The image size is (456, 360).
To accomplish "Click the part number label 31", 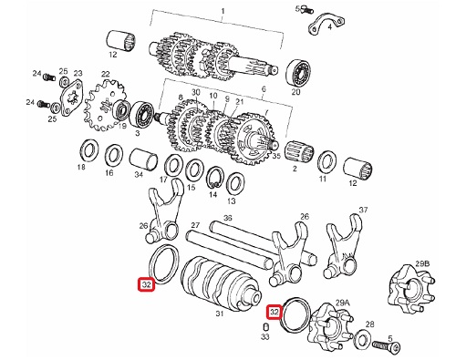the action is (x=220, y=314).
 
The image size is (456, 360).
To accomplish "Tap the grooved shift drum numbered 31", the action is (x=221, y=283).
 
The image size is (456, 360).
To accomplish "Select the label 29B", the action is (x=422, y=263).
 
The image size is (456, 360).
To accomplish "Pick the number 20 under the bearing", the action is (x=295, y=92).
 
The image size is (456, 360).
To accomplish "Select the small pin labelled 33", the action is (x=265, y=327).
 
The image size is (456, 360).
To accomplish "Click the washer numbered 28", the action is (x=363, y=337).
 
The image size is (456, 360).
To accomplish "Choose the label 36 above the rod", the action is (x=227, y=218).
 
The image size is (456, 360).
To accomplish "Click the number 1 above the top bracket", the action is (x=223, y=12).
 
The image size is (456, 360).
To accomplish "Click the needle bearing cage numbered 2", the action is (x=300, y=150).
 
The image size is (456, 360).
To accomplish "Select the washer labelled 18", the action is (x=88, y=149).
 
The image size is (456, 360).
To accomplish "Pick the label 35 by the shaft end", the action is (x=276, y=156).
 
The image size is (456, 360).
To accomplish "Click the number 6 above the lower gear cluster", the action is (x=264, y=89).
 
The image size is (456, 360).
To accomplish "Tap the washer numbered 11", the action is (x=326, y=162).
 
